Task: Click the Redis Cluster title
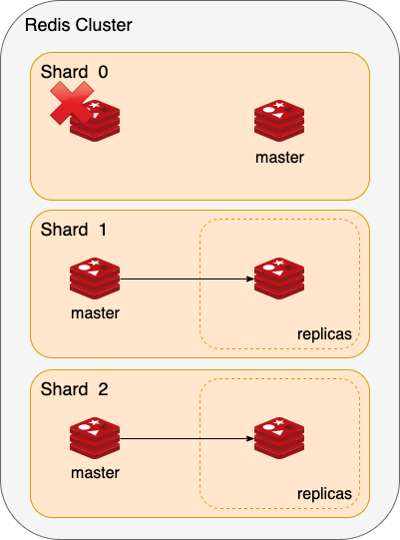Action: pos(79,25)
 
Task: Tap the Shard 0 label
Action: pos(75,72)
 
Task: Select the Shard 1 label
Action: pos(74,230)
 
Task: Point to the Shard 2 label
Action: pos(75,389)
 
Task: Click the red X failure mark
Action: pos(72,103)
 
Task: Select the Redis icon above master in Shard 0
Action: pos(279,121)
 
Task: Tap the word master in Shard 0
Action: pos(279,158)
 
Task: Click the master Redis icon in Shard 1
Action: pos(95,278)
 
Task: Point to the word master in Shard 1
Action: pos(95,313)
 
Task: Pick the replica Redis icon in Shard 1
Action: pos(279,278)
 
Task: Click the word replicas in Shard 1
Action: pos(324,334)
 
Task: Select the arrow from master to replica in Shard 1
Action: pos(187,278)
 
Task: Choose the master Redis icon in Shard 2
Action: pos(95,438)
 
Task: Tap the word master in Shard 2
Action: pos(95,473)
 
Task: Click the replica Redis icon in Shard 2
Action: pos(279,438)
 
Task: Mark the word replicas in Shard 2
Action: pos(324,494)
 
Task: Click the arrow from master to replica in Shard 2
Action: pos(187,438)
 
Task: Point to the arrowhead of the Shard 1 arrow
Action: pos(250,278)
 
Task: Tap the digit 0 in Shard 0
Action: pos(104,72)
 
